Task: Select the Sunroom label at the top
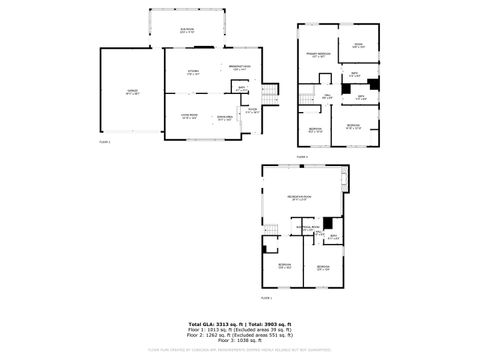187,31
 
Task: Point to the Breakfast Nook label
239,67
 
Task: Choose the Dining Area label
226,118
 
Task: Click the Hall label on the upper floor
327,96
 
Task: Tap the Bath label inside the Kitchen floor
241,89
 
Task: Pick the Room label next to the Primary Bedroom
357,46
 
